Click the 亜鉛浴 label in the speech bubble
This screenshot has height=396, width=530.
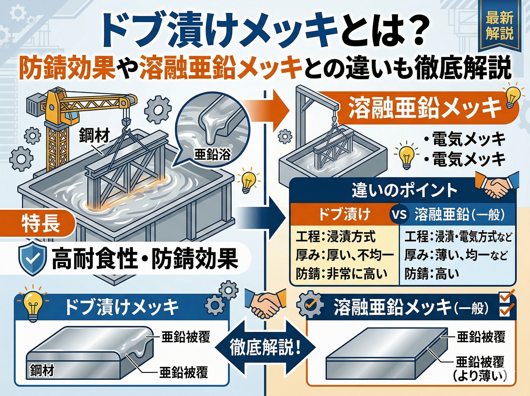point(212,155)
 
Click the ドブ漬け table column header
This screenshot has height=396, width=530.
point(344,214)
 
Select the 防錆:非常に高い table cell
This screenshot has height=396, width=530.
point(342,274)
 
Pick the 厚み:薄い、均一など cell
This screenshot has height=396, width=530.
point(455,255)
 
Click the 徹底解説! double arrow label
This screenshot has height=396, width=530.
point(265,347)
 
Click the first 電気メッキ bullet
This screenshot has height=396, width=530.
point(468,139)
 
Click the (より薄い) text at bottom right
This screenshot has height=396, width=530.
point(480,376)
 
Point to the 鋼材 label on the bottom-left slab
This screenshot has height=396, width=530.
point(42,370)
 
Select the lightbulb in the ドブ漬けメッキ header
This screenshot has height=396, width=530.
point(32,304)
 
